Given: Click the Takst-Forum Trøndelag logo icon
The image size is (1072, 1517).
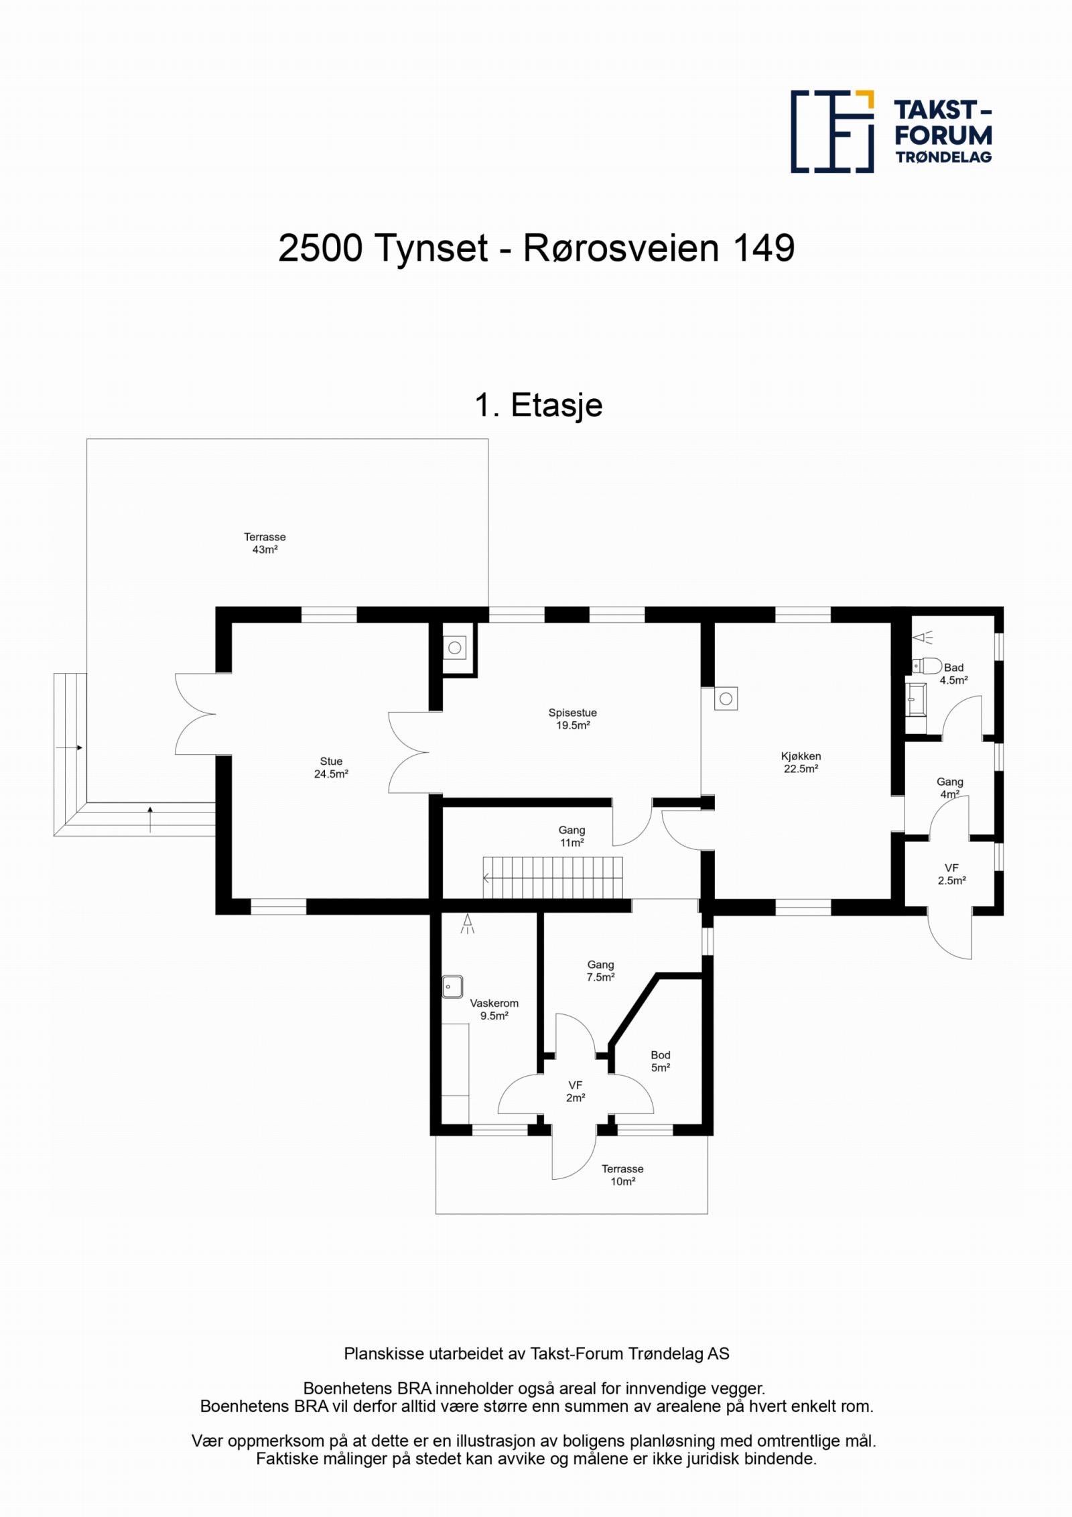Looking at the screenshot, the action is coord(833,131).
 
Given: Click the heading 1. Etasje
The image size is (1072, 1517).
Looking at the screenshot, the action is coord(539,406).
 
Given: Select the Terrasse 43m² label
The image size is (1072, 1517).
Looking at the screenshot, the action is coord(265,543).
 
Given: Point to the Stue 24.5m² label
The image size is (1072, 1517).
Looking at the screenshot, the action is coord(331,768).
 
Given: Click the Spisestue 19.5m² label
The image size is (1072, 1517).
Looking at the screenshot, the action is coord(572,719).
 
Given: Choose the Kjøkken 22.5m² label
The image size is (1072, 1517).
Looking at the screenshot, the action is coord(801,762).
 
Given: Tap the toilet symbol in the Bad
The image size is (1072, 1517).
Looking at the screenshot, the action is coord(927,666).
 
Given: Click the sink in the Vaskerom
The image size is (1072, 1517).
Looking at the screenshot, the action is coord(452,987).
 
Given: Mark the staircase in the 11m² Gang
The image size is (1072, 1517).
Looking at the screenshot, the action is coord(553,877).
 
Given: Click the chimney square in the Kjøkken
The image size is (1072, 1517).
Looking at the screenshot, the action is coord(726,699).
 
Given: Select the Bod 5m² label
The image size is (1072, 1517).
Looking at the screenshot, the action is coord(661,1061).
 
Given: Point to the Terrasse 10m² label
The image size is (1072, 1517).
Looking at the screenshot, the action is coord(622,1175).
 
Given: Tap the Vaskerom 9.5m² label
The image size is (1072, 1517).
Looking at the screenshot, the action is coord(494,1010).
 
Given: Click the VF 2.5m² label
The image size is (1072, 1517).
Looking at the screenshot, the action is coord(952,875).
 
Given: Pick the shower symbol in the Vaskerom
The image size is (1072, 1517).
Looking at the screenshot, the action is coord(468,924).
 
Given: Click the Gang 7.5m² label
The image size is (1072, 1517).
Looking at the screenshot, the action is coord(600,971).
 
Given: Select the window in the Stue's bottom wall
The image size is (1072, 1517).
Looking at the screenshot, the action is coord(278,906).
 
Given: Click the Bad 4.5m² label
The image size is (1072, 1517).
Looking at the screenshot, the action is coord(953,674).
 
